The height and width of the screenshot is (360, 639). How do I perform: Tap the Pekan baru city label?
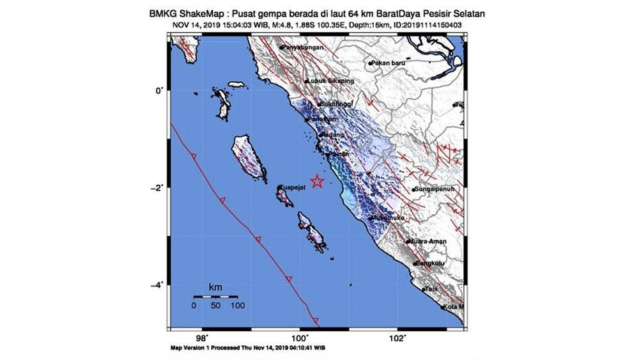(389, 63)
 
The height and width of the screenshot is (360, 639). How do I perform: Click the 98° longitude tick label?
(201, 338)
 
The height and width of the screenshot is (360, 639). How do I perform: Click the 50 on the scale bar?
(215, 306)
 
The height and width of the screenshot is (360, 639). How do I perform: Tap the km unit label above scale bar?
(215, 288)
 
